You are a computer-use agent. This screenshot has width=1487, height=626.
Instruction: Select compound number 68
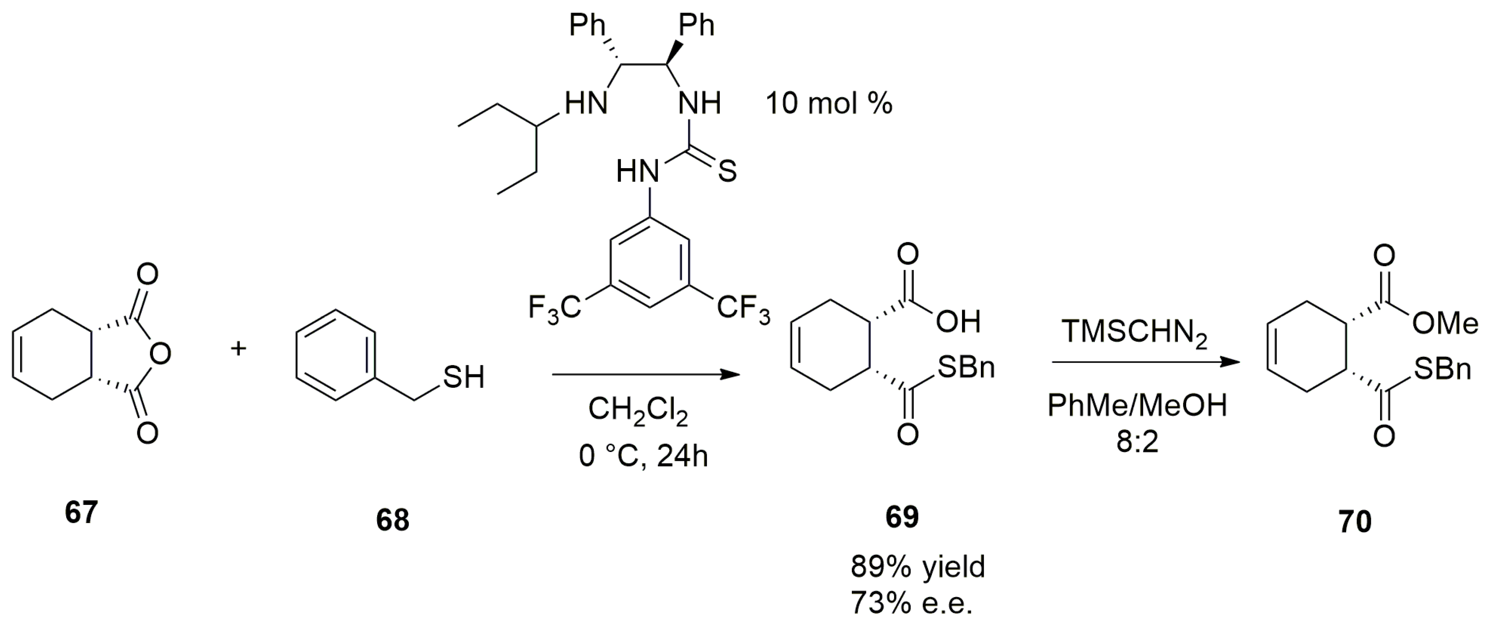click(x=393, y=520)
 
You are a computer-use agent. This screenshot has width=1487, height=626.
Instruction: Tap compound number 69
click(x=902, y=516)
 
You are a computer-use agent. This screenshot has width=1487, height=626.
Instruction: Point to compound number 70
click(x=1355, y=522)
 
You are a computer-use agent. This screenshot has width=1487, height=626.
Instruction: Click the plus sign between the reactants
click(x=238, y=348)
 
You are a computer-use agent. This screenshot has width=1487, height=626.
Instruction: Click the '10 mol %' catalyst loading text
click(x=829, y=104)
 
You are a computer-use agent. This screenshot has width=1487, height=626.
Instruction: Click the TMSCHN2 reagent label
click(x=1134, y=333)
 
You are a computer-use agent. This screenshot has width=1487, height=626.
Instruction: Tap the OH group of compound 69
click(x=958, y=322)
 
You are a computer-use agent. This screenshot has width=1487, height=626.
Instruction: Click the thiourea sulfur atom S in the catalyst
click(x=727, y=171)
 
